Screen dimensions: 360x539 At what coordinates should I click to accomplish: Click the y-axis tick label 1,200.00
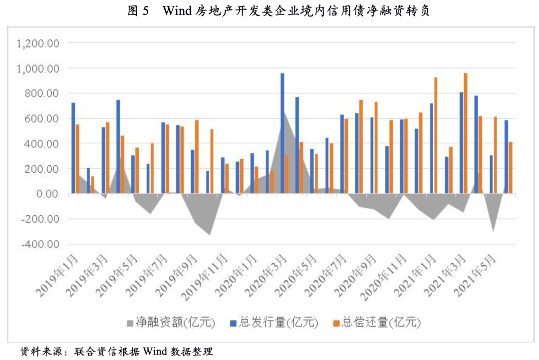(38, 43)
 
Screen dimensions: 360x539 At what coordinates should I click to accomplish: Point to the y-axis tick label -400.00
(40, 244)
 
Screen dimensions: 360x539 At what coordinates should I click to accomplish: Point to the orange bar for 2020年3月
(286, 174)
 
